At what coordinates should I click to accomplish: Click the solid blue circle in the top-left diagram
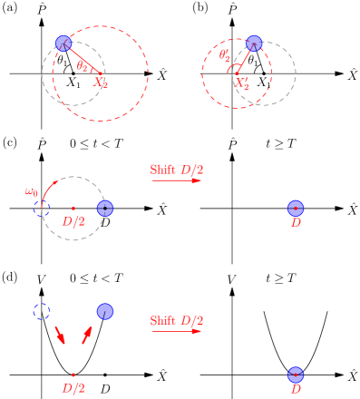[63, 43]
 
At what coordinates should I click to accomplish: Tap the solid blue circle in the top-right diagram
[254, 43]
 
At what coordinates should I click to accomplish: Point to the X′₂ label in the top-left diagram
[101, 83]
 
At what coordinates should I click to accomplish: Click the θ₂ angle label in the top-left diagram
[83, 65]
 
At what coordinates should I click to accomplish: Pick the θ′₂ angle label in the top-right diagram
[225, 55]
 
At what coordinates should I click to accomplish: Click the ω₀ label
[32, 191]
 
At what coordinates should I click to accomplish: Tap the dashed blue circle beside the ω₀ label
[42, 208]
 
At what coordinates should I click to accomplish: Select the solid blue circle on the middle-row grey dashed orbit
[105, 208]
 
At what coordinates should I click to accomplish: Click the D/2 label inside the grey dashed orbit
[73, 221]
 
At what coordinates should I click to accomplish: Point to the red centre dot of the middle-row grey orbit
[73, 209]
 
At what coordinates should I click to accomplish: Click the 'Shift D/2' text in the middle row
[177, 170]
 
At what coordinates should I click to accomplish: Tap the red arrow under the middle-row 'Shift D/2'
[177, 180]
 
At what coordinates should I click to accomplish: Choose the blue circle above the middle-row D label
[296, 208]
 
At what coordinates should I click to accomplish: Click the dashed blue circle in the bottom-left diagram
[42, 311]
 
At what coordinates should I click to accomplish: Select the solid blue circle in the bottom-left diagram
[105, 311]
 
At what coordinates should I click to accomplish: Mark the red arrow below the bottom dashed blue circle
[60, 335]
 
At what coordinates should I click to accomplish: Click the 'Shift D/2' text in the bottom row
[177, 320]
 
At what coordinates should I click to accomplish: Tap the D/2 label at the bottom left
[73, 388]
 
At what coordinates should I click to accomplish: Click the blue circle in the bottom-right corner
[296, 375]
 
